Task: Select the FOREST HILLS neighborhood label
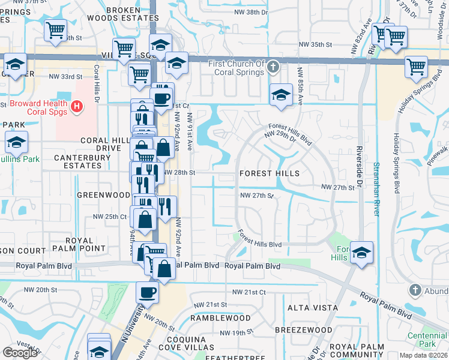click(269, 173)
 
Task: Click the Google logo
click(20, 352)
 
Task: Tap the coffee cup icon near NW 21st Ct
click(147, 293)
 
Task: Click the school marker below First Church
click(280, 94)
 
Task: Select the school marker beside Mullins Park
click(16, 143)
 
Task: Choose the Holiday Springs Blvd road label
click(397, 162)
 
